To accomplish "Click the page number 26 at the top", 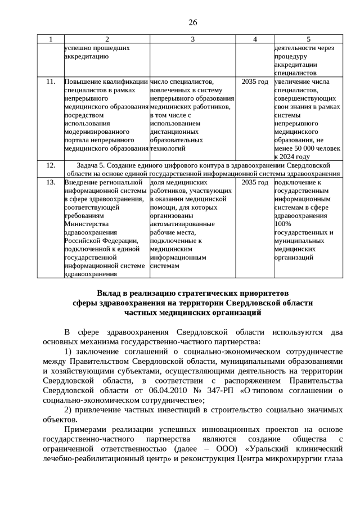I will point(192,22).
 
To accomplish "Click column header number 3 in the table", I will point(192,39).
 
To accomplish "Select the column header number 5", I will point(308,39).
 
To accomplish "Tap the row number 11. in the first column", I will point(51,82).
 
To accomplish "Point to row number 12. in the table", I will point(51,165).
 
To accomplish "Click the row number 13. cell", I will point(51,183).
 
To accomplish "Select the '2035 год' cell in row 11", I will point(254,82).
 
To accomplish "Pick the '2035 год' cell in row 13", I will point(254,183).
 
